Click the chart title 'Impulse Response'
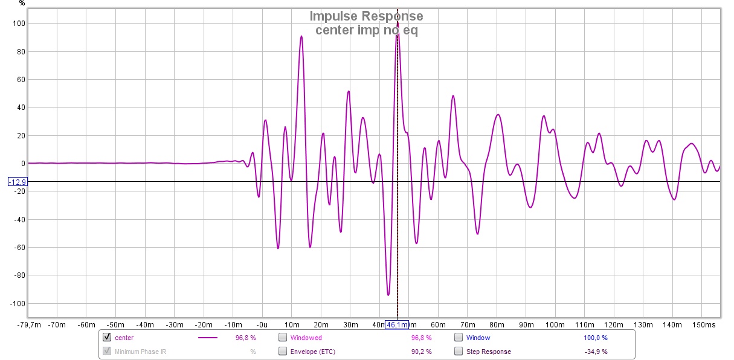[366, 16]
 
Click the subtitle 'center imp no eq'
[366, 30]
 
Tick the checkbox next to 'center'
[107, 338]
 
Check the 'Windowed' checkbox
[282, 338]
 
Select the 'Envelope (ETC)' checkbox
[282, 352]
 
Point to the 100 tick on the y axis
[19, 24]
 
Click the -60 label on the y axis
[18, 248]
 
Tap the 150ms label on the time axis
[704, 325]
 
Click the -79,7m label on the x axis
[28, 325]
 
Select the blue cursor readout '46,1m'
[397, 325]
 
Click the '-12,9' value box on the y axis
[16, 182]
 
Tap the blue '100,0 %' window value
[595, 338]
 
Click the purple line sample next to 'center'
[207, 338]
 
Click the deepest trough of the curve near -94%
[388, 295]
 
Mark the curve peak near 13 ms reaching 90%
[301, 36]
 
